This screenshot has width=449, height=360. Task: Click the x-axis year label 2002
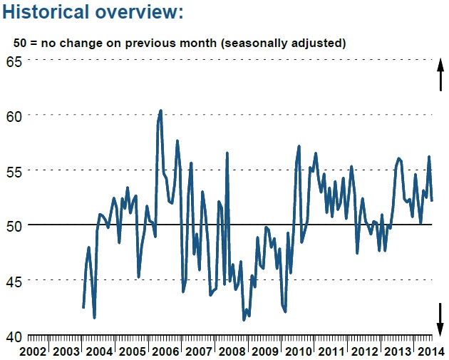(x=33, y=351)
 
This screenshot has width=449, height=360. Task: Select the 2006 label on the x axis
(x=165, y=351)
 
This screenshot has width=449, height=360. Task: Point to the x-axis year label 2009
(x=264, y=351)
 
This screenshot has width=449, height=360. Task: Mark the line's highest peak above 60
(x=160, y=110)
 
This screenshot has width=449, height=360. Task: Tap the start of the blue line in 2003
(x=83, y=307)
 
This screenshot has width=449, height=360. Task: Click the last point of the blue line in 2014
(x=432, y=200)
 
